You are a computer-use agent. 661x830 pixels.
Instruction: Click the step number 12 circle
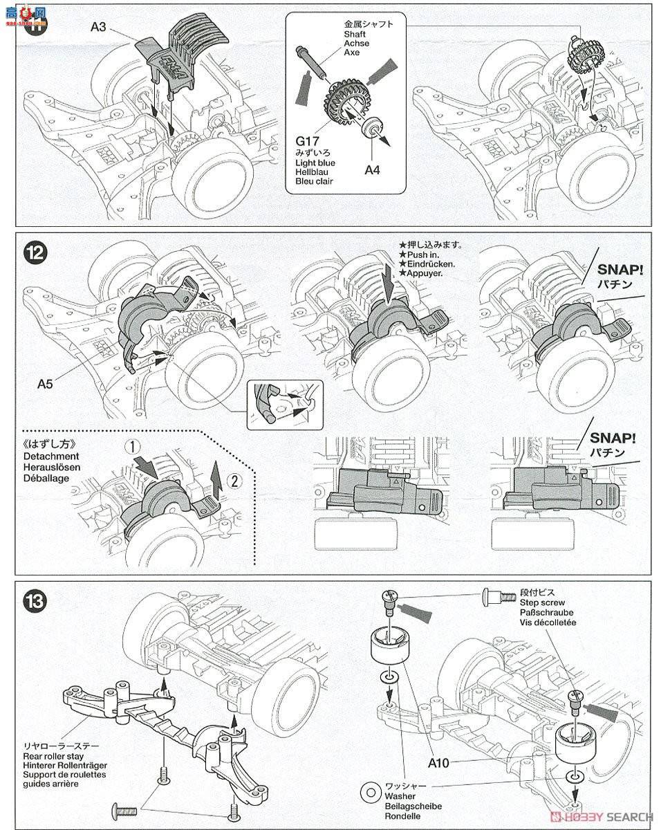[x=35, y=253]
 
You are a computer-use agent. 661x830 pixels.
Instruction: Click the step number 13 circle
[x=35, y=601]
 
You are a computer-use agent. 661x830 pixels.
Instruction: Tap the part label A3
[x=99, y=27]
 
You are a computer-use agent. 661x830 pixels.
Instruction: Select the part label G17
[x=308, y=142]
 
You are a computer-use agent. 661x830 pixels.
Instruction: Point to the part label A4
[x=373, y=170]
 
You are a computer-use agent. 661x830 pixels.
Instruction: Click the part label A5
[x=46, y=384]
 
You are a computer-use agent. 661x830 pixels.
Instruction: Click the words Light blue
[x=315, y=163]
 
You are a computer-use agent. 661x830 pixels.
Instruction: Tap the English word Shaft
[x=355, y=35]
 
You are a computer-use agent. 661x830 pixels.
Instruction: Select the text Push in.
[x=423, y=255]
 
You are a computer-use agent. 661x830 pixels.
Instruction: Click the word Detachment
[x=51, y=456]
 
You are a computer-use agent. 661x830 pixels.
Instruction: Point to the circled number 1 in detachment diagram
[x=132, y=448]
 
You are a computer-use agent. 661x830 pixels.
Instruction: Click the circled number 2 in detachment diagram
[x=234, y=481]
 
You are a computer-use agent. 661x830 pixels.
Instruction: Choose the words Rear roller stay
[x=53, y=757]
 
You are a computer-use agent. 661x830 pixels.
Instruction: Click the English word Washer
[x=400, y=796]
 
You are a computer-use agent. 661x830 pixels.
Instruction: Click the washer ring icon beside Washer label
[x=371, y=793]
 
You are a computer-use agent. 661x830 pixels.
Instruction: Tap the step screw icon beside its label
[x=499, y=597]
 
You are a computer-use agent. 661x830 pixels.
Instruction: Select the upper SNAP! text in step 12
[x=620, y=270]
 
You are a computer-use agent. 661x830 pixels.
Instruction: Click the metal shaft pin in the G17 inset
[x=312, y=62]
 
